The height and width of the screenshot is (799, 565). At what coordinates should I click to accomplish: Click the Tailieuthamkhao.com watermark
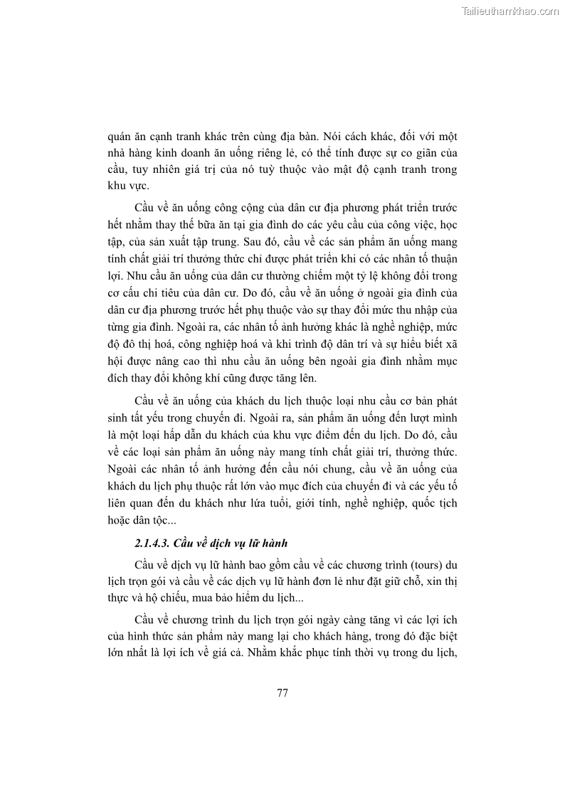tap(510, 11)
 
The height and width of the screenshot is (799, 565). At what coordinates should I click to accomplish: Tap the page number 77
tap(282, 693)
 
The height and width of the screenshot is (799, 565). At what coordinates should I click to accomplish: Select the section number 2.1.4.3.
tap(156, 544)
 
